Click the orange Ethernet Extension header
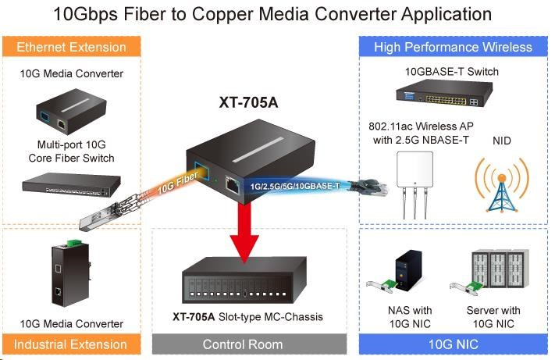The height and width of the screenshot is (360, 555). pyautogui.click(x=73, y=47)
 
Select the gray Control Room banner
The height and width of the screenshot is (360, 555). pyautogui.click(x=243, y=344)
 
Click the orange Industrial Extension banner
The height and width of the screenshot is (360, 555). pyautogui.click(x=73, y=344)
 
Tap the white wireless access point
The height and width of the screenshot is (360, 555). pyautogui.click(x=416, y=180)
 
